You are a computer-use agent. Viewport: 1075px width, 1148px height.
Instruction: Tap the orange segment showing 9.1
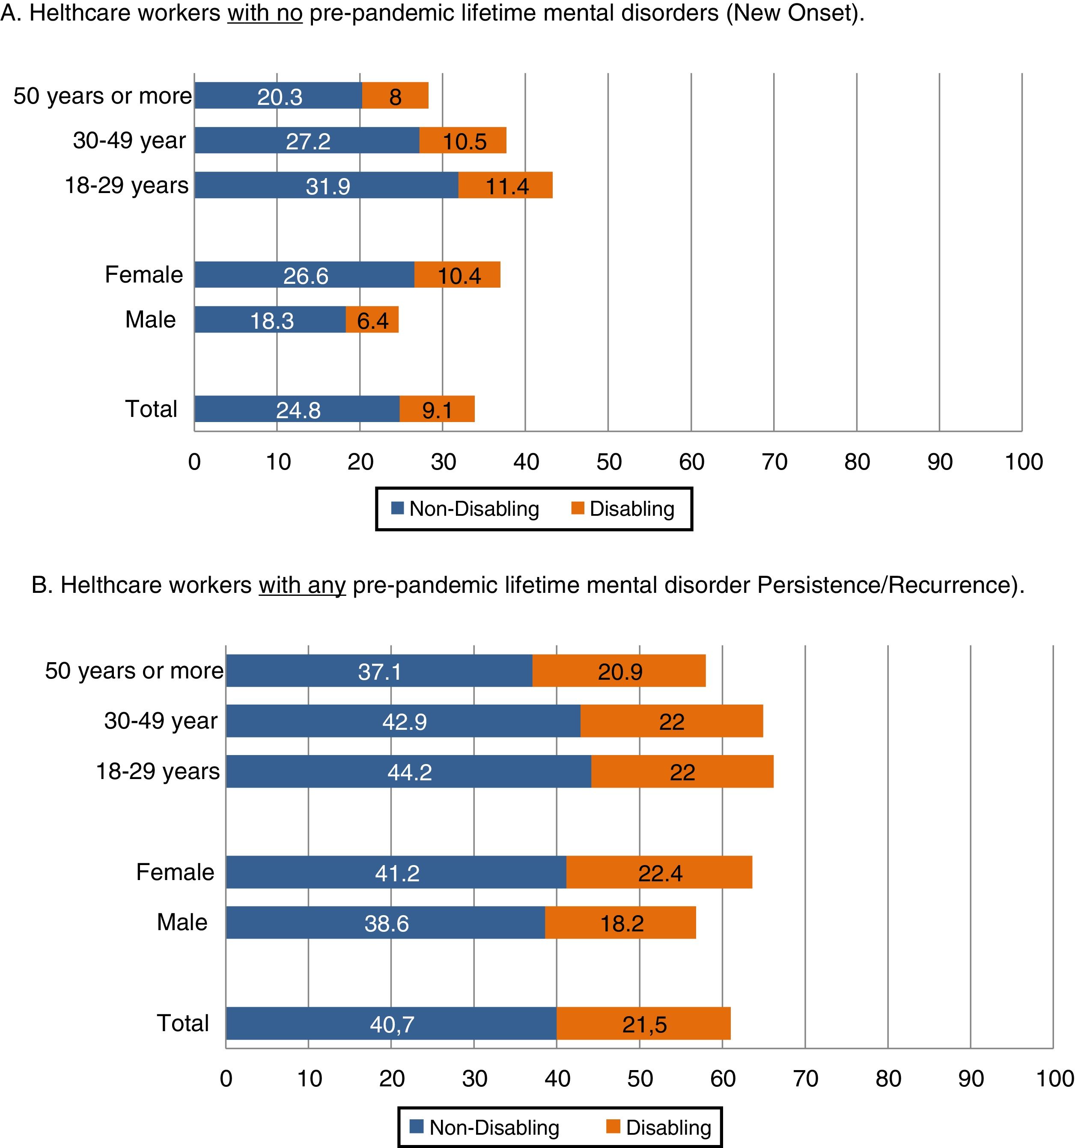pyautogui.click(x=437, y=410)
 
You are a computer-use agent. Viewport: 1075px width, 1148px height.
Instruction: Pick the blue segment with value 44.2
pyautogui.click(x=408, y=771)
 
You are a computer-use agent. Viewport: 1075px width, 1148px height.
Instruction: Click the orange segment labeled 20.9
pyautogui.click(x=619, y=671)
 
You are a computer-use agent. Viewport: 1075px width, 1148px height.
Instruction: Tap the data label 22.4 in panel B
pyautogui.click(x=660, y=873)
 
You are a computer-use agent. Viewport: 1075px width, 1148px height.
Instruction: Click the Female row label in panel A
pyautogui.click(x=144, y=275)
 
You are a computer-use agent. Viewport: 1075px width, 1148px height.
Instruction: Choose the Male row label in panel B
pyautogui.click(x=182, y=922)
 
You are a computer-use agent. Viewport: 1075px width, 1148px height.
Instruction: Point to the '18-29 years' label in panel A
pyautogui.click(x=126, y=185)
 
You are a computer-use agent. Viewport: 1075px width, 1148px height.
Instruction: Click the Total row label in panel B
pyautogui.click(x=182, y=1023)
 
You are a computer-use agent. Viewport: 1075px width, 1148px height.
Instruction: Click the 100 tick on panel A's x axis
pyautogui.click(x=1023, y=462)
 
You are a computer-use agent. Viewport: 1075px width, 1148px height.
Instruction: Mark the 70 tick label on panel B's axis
pyautogui.click(x=805, y=1079)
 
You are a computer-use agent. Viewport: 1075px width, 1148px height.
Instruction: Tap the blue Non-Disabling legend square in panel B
pyautogui.click(x=417, y=1127)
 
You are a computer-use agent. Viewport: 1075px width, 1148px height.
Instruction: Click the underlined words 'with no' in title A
pyautogui.click(x=265, y=13)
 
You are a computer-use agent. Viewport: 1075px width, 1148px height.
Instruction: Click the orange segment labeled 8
pyautogui.click(x=395, y=96)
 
